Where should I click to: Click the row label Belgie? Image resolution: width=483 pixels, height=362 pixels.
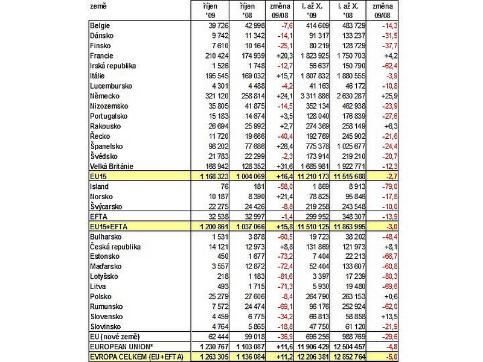(x=100, y=25)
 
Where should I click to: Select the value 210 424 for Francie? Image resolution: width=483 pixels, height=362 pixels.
(x=217, y=56)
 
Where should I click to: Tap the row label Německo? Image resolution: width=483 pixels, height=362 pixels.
(x=104, y=96)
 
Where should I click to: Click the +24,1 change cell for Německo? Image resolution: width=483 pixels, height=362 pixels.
(x=280, y=96)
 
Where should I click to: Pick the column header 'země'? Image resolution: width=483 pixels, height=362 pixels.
(x=98, y=6)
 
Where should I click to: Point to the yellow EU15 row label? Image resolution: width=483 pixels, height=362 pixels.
(x=98, y=176)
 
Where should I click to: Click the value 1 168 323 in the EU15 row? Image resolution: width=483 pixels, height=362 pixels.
(x=214, y=176)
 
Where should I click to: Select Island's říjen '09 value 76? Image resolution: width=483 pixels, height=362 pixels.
(x=225, y=186)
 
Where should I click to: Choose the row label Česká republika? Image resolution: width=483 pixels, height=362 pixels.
(x=115, y=247)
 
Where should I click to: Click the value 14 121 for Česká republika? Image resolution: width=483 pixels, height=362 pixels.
(x=219, y=247)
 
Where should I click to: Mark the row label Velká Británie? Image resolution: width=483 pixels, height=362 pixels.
(x=112, y=167)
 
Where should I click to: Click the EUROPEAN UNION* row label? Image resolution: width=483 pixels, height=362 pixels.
(x=121, y=346)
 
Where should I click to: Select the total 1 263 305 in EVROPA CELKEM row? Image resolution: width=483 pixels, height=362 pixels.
(x=214, y=357)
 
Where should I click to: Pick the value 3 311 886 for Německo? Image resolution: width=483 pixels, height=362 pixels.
(x=315, y=96)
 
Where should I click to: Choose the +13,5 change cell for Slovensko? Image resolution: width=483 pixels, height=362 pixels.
(x=389, y=317)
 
